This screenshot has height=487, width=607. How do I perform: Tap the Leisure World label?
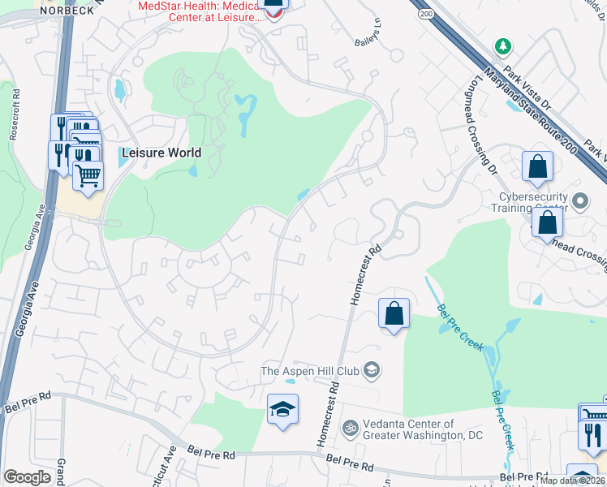(x=161, y=152)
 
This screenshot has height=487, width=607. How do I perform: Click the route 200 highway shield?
(x=425, y=14)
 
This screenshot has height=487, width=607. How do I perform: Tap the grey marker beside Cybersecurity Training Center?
(x=580, y=200)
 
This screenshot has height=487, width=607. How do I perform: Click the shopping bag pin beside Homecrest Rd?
(x=394, y=313)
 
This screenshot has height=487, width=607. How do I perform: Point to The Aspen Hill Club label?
(x=309, y=371)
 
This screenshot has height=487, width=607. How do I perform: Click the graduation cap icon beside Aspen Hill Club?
(x=372, y=371)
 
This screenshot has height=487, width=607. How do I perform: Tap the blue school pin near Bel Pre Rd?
(x=282, y=409)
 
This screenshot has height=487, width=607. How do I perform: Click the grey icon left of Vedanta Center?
(x=350, y=426)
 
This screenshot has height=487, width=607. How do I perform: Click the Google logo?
(x=27, y=476)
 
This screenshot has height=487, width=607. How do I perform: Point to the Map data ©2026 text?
(x=572, y=481)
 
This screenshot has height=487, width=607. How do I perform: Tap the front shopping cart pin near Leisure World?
(x=88, y=175)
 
